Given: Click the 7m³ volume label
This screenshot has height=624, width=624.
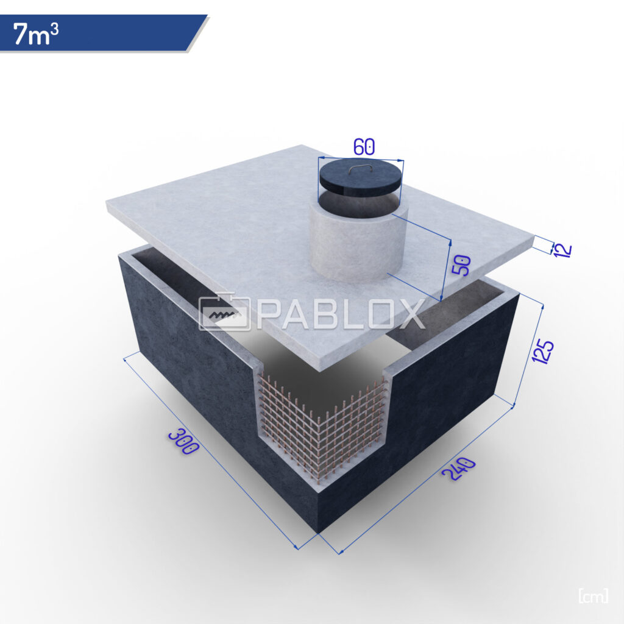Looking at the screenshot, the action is tap(36, 34).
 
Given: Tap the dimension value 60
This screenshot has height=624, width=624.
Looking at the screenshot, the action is tap(364, 147).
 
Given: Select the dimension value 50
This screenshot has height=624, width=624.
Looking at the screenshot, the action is tap(462, 266).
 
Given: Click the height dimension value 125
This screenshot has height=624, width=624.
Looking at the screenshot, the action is tap(543, 352).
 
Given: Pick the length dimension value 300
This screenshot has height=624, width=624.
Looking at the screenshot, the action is tap(183, 441).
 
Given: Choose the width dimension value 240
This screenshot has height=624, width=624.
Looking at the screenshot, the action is tap(458, 469).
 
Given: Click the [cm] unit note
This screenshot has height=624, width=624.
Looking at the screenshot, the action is tap(593, 596).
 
